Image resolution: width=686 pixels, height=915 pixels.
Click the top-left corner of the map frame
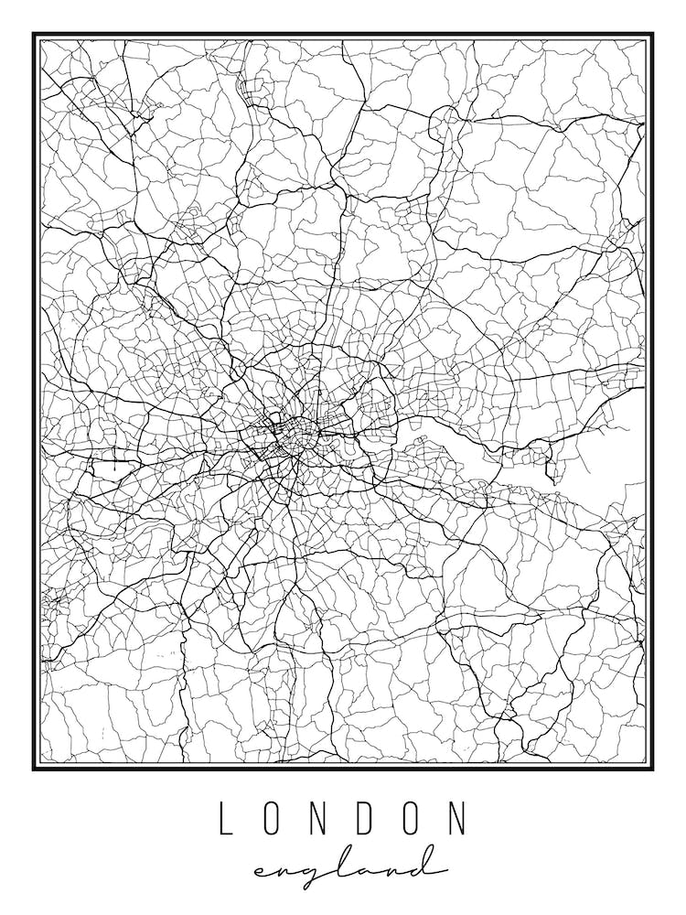pos(35,35)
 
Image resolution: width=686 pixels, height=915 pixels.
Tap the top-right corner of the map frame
pos(651,35)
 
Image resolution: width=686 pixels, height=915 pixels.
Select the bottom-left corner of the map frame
pos(35,768)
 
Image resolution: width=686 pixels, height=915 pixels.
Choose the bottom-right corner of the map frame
pos(651,768)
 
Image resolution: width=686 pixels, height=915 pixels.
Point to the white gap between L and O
pos(247,819)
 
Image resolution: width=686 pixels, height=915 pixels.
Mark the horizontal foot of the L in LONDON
pos(229,834)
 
